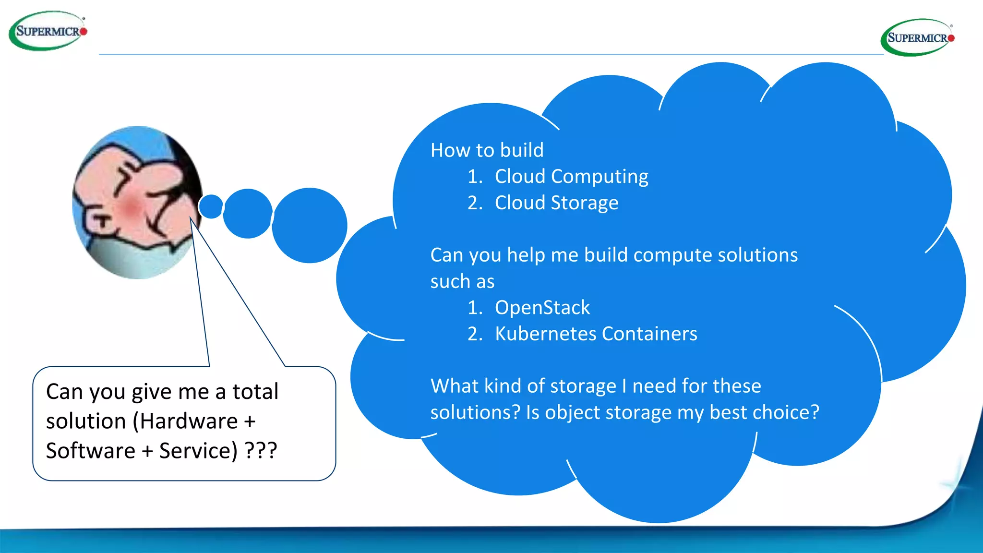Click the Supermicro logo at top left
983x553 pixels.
point(48,31)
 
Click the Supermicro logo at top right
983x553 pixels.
point(918,37)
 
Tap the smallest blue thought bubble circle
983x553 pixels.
point(211,206)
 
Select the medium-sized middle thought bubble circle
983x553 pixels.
point(248,213)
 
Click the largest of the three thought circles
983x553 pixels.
point(309,225)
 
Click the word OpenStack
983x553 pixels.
point(542,307)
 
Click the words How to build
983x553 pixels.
point(487,150)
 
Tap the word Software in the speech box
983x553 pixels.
point(91,451)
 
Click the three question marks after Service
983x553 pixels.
point(261,451)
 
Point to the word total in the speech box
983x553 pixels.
point(255,392)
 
